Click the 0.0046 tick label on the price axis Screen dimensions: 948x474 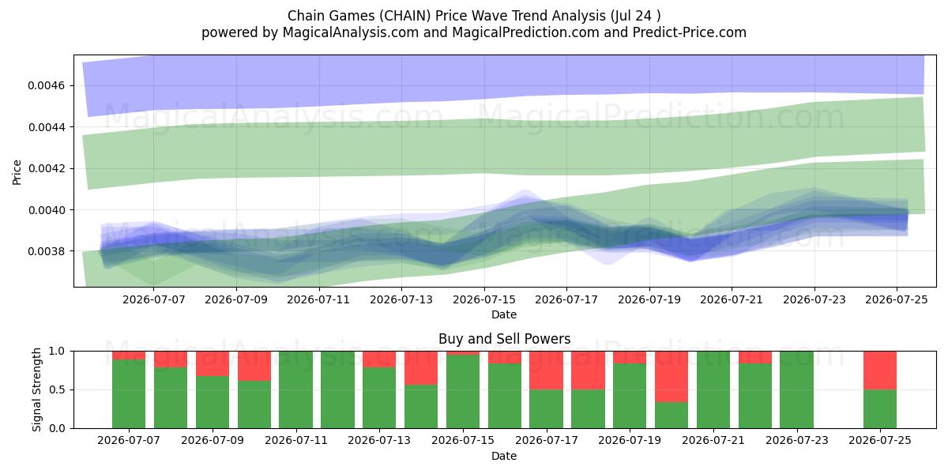(x=46, y=86)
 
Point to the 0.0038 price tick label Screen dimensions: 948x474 (x=46, y=251)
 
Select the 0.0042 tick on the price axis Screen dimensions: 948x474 (x=46, y=169)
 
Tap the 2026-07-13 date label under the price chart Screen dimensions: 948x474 (x=401, y=299)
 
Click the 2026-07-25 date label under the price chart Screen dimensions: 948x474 (x=897, y=299)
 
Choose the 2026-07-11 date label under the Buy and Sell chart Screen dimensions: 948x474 (x=295, y=440)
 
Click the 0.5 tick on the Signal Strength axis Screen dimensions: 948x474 (x=58, y=389)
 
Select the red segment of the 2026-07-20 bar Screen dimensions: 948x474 (x=671, y=377)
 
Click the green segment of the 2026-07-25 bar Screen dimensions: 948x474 (x=880, y=409)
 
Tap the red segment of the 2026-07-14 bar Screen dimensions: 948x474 (x=420, y=368)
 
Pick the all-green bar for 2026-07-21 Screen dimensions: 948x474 (x=713, y=389)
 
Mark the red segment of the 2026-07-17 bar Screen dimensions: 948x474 (x=546, y=371)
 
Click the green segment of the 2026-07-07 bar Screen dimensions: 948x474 (x=129, y=394)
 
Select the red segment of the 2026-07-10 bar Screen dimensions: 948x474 (x=254, y=366)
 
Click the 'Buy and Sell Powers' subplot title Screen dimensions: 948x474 (x=505, y=339)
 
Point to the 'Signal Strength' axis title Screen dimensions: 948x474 (x=37, y=389)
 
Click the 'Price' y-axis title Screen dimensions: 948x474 (x=17, y=172)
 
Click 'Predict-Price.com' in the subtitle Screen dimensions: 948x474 (x=690, y=32)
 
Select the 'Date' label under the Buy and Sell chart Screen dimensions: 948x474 (x=504, y=456)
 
